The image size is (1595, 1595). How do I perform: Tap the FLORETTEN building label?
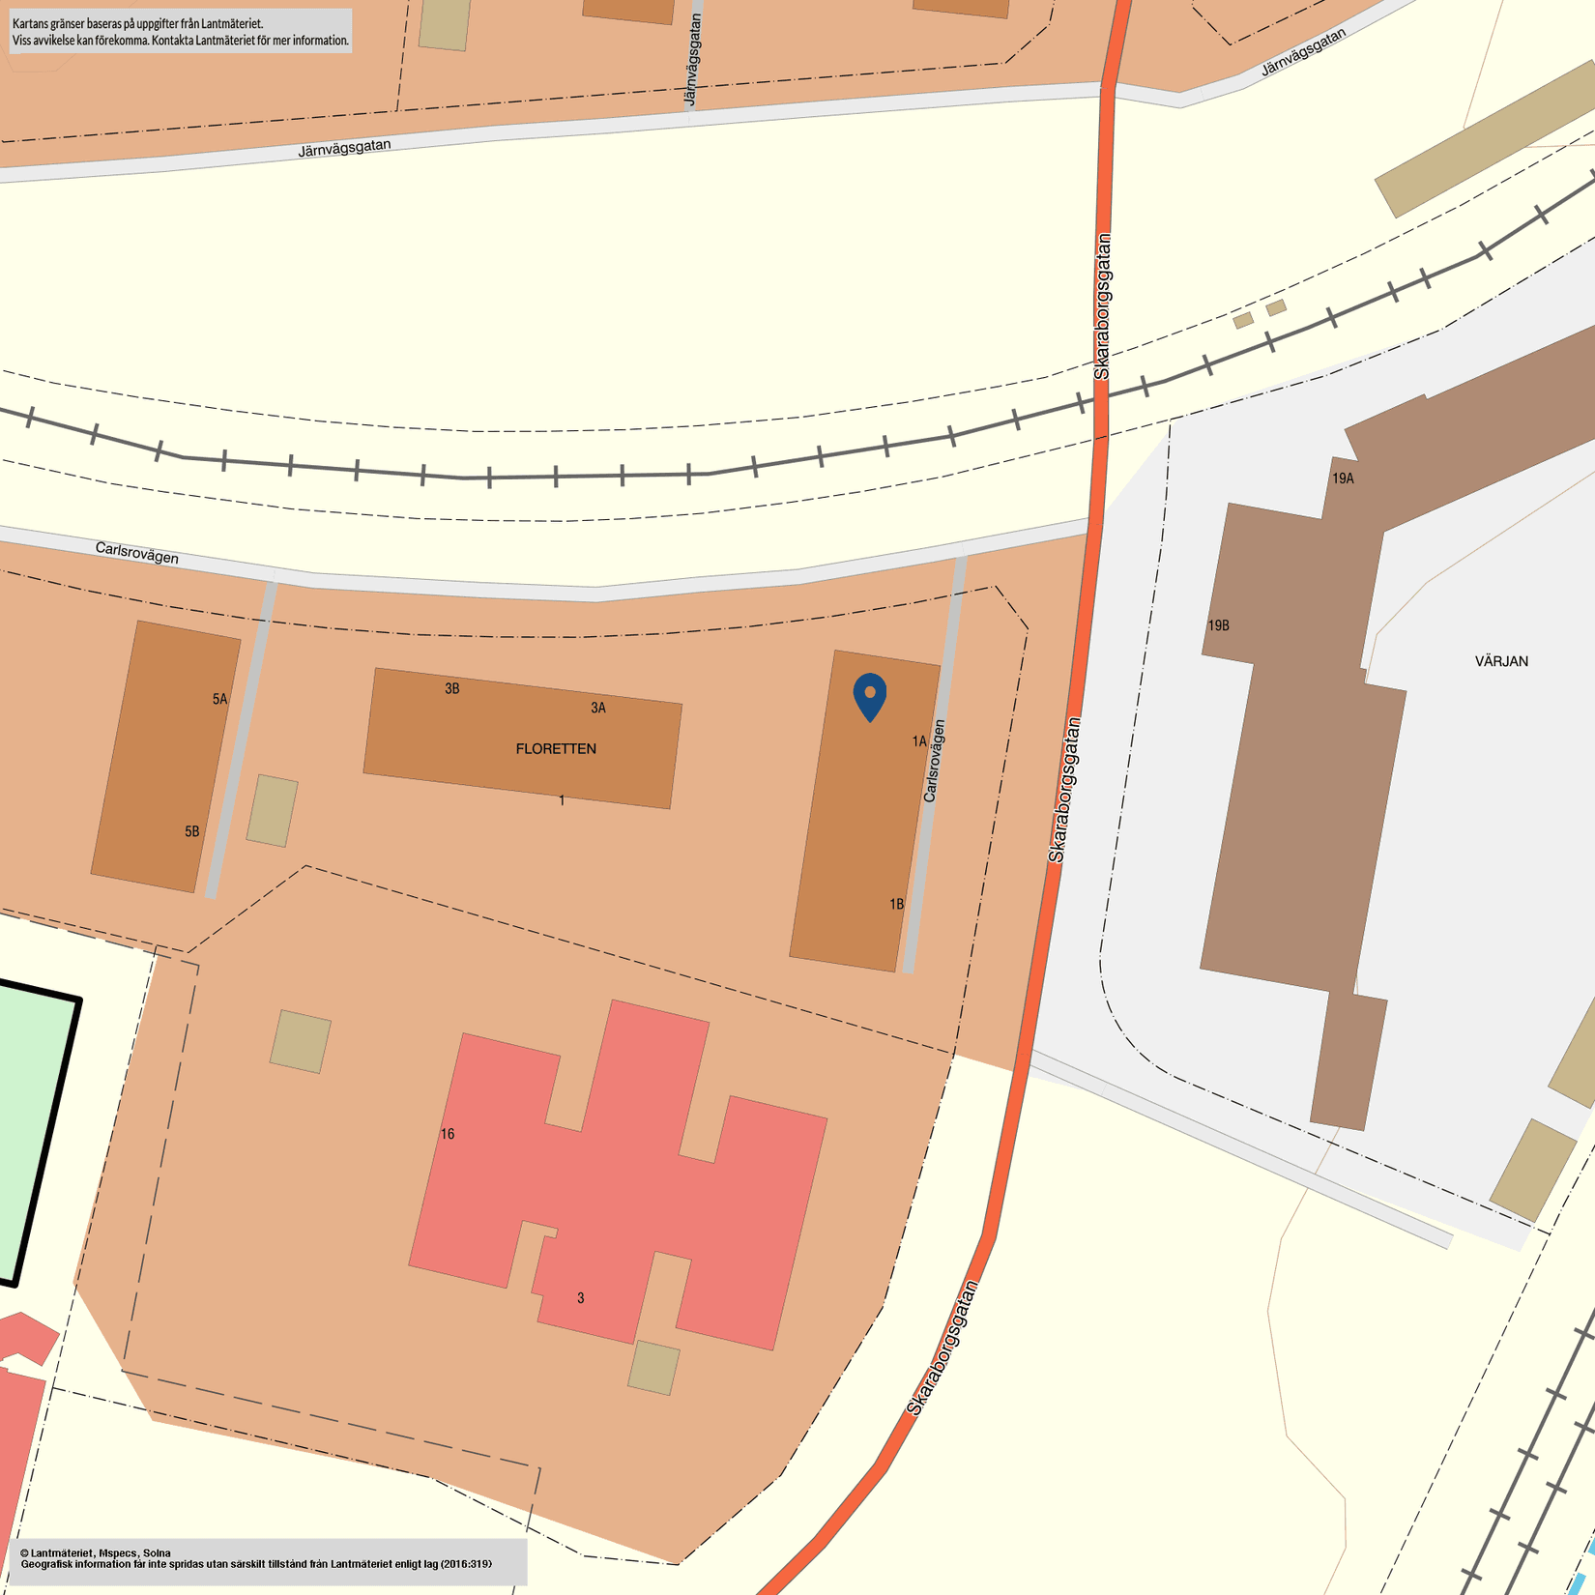click(556, 749)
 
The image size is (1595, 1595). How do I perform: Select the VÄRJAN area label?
click(1501, 661)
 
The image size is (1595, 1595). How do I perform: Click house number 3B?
click(452, 689)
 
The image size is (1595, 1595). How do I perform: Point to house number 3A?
click(598, 709)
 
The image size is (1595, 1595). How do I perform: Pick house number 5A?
click(220, 699)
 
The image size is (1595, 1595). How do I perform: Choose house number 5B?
click(192, 831)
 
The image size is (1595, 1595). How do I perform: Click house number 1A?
click(919, 741)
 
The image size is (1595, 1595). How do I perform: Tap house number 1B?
click(897, 905)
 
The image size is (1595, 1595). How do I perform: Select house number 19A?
click(1343, 478)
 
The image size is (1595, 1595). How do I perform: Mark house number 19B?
click(1219, 625)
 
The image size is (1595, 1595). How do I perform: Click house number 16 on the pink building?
click(448, 1134)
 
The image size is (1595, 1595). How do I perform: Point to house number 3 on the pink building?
click(581, 1298)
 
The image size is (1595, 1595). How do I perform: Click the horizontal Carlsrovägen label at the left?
click(137, 553)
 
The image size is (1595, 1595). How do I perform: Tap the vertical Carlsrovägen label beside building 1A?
click(934, 761)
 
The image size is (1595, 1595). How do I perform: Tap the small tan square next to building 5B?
click(272, 811)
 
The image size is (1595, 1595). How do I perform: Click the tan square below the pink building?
click(653, 1368)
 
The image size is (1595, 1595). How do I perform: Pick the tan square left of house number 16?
click(301, 1042)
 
